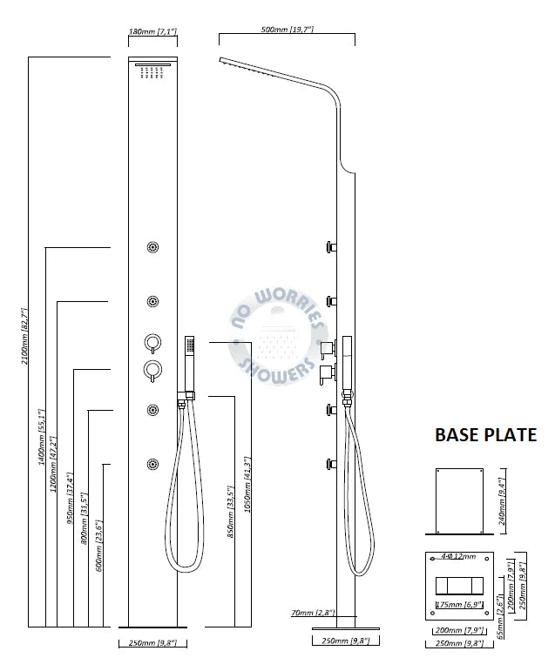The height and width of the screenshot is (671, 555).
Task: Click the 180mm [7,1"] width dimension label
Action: pyautogui.click(x=152, y=31)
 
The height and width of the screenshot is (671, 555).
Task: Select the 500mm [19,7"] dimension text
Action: pyautogui.click(x=288, y=30)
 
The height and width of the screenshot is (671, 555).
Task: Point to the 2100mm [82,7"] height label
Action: pyautogui.click(x=24, y=336)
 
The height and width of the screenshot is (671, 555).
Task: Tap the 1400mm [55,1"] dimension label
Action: pyautogui.click(x=42, y=437)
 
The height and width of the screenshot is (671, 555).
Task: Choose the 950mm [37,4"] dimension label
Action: pyautogui.click(x=71, y=498)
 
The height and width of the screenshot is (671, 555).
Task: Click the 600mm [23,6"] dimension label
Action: pyautogui.click(x=99, y=546)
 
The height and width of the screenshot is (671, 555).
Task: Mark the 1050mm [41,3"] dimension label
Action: pyautogui.click(x=247, y=485)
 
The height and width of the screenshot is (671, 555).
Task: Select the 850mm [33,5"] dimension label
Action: pyautogui.click(x=231, y=512)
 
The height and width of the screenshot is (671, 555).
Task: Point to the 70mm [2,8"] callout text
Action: pyautogui.click(x=313, y=613)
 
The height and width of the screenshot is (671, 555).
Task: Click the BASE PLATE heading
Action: pyautogui.click(x=485, y=435)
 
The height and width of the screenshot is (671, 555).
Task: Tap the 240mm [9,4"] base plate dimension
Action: pyautogui.click(x=502, y=501)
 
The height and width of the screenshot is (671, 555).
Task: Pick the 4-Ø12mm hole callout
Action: pyautogui.click(x=458, y=556)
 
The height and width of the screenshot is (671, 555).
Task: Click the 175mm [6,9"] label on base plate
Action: pyautogui.click(x=459, y=605)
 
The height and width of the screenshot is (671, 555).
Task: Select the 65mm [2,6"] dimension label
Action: pyautogui.click(x=500, y=616)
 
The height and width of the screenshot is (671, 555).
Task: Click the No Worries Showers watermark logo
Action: pyautogui.click(x=279, y=336)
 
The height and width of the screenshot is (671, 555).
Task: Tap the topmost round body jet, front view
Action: pyautogui.click(x=152, y=247)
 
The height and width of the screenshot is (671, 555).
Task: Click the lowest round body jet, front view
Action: pyautogui.click(x=152, y=465)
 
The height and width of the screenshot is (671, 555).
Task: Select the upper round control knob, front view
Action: pyautogui.click(x=152, y=343)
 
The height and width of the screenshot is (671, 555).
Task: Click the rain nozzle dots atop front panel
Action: pyautogui.click(x=152, y=72)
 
